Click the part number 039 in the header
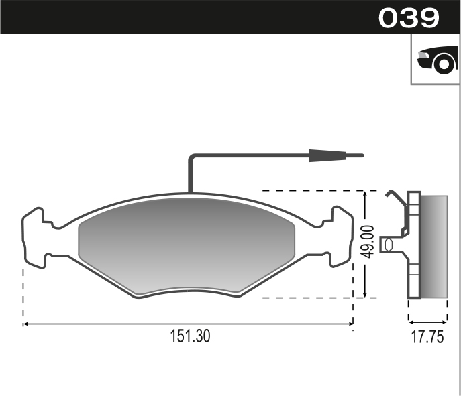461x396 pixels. (x=409, y=18)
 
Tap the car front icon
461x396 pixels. (x=438, y=60)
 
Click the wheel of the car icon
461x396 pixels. (x=444, y=64)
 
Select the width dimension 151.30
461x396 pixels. (x=191, y=336)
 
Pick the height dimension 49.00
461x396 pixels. (x=368, y=242)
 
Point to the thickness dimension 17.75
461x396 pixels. (x=427, y=337)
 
